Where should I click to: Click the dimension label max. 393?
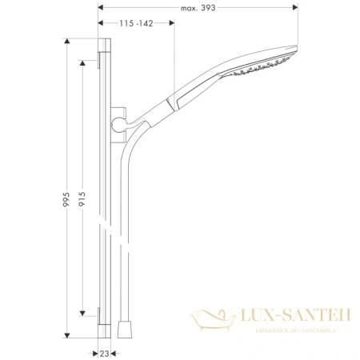[x=198, y=7]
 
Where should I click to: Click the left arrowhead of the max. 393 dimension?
[x=101, y=8]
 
